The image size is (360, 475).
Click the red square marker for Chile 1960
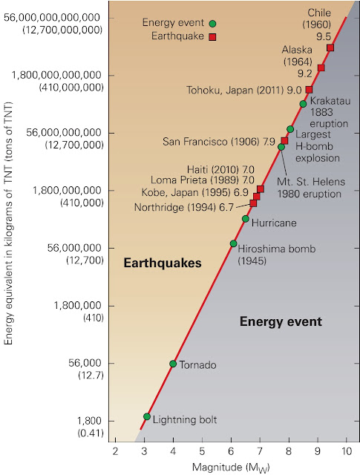[330, 47]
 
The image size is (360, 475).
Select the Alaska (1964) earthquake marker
[321, 68]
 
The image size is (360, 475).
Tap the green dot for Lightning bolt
[147, 416]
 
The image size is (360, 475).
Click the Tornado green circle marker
[173, 364]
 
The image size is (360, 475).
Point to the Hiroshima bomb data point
[233, 243]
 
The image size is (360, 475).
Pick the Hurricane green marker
[246, 219]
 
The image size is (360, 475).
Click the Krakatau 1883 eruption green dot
[303, 104]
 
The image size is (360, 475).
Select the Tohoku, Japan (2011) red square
[310, 90]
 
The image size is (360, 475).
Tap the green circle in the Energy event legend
[212, 24]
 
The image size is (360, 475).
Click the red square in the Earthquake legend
[212, 36]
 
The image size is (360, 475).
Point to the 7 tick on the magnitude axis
[260, 451]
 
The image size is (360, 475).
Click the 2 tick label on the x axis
[115, 451]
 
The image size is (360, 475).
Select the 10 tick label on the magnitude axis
[347, 451]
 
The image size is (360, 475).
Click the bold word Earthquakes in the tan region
[151, 263]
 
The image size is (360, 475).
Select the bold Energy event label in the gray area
[281, 321]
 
